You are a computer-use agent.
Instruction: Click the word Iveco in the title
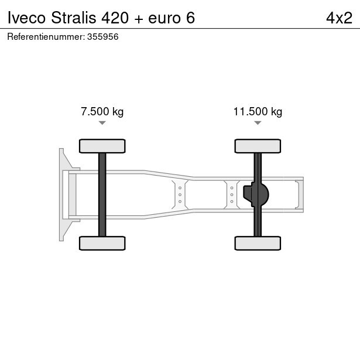pyautogui.click(x=26, y=18)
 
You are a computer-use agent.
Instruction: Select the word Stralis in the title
pyautogui.click(x=74, y=18)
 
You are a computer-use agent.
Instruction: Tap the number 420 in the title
pyautogui.click(x=115, y=18)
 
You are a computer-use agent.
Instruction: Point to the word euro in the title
pyautogui.click(x=164, y=19)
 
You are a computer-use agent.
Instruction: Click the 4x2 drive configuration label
pyautogui.click(x=339, y=18)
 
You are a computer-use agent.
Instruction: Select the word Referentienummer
pyautogui.click(x=46, y=37)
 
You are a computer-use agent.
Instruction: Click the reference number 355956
pyautogui.click(x=103, y=37)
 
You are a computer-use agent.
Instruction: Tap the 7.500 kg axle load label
pyautogui.click(x=102, y=112)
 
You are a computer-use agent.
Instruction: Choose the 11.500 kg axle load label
pyautogui.click(x=258, y=112)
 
